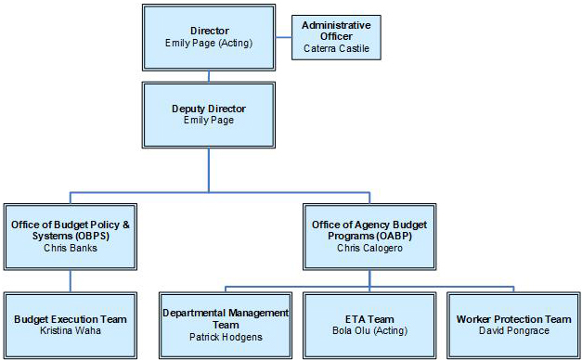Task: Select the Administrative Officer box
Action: [x=336, y=37]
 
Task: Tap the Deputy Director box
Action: [x=208, y=114]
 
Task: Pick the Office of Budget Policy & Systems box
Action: [x=70, y=235]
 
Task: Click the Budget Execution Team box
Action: [x=70, y=324]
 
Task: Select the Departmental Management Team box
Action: [x=226, y=324]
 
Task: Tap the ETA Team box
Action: [x=369, y=324]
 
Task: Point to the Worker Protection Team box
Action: [x=513, y=324]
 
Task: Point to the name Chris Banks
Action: [x=70, y=248]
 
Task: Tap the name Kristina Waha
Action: [x=70, y=331]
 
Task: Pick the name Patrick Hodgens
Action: [x=226, y=337]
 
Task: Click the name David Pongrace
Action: [x=513, y=331]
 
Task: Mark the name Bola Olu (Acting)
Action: [x=369, y=331]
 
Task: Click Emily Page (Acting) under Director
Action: [x=209, y=44]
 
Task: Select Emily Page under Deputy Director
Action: [x=208, y=121]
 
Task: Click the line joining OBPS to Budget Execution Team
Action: [x=70, y=279]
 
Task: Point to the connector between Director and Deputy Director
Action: [x=209, y=76]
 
